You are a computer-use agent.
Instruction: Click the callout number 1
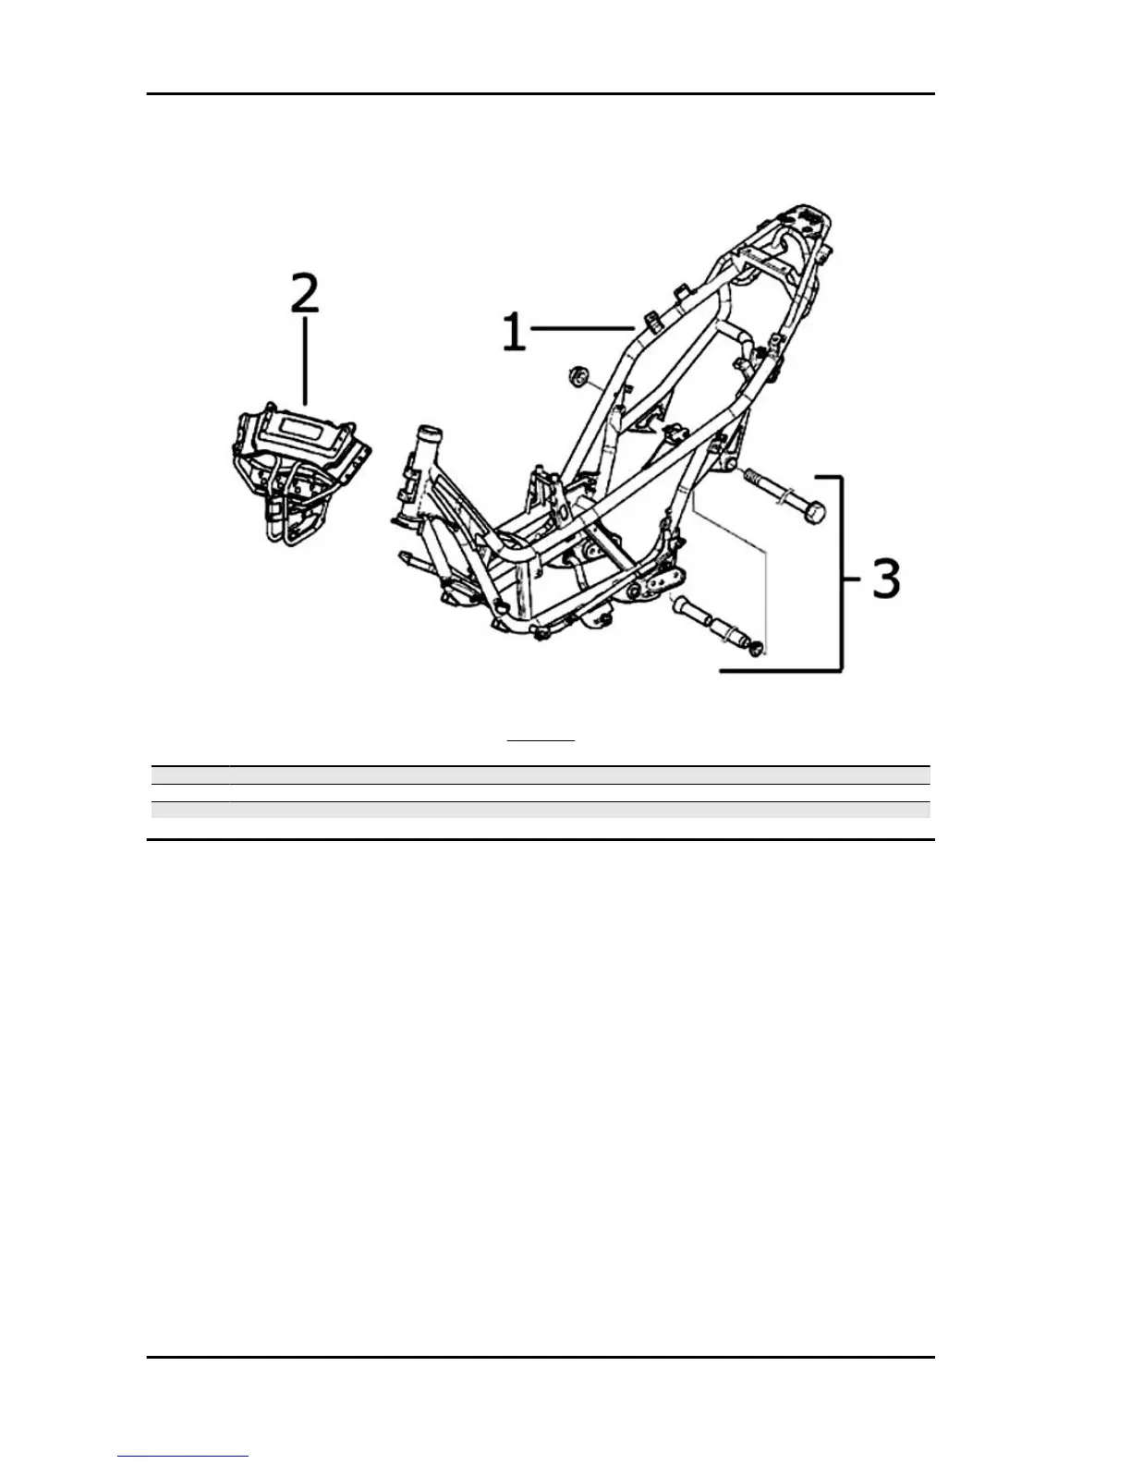pos(514,332)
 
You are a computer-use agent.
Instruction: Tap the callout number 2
pos(305,293)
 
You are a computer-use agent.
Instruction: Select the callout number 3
pos(885,578)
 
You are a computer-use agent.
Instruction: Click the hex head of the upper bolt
pos(812,510)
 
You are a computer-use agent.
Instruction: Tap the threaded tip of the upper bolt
pos(751,478)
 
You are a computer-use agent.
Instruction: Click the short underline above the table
pos(541,740)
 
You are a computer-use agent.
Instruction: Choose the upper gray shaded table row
pos(540,775)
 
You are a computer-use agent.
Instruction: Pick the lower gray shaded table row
pos(540,810)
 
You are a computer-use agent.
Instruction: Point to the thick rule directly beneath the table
pos(541,839)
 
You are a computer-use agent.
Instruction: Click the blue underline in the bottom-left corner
pos(183,1456)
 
